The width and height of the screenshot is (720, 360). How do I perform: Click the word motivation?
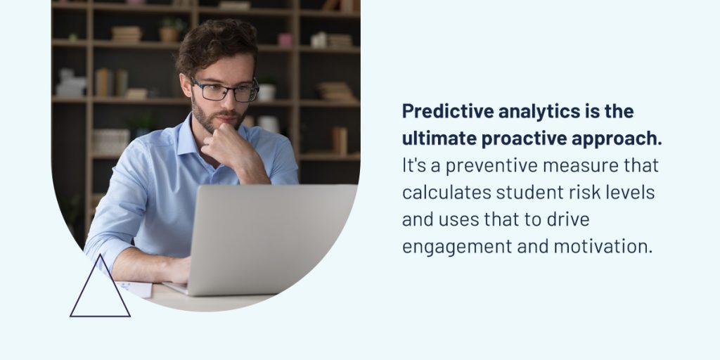603,247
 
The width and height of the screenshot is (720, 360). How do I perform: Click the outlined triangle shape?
100,316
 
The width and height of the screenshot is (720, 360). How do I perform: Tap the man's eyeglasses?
224,91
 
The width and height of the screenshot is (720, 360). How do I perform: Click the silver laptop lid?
272,239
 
